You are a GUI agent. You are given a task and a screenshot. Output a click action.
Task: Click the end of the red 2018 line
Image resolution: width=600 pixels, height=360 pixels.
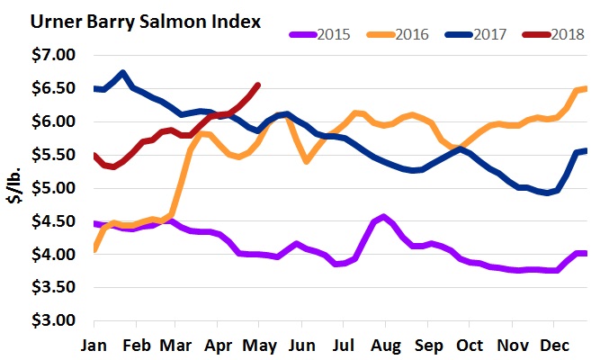click(x=258, y=85)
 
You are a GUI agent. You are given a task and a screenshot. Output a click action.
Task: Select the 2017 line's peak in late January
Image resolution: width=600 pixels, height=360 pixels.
click(x=123, y=72)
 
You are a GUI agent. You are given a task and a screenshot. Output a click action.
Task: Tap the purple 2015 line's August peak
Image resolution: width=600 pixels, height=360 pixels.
click(x=384, y=216)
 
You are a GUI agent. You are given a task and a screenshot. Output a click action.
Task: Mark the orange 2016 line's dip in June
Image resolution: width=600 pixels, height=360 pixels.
click(x=307, y=161)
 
